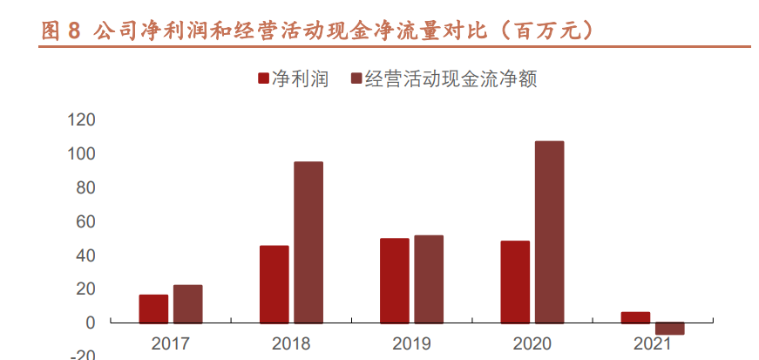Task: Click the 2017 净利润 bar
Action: click(x=153, y=309)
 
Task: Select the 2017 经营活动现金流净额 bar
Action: click(x=187, y=303)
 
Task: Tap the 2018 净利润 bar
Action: click(x=274, y=284)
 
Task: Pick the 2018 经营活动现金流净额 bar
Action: click(x=308, y=242)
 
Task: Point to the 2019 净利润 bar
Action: click(x=395, y=281)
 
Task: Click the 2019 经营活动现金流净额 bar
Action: click(x=429, y=279)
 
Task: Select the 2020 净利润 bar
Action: click(x=515, y=282)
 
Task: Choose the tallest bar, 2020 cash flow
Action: click(x=549, y=232)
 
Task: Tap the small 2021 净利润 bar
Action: click(x=635, y=317)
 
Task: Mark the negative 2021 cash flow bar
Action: click(x=670, y=329)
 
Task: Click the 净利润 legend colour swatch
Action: click(x=263, y=79)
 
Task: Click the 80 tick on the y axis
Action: click(x=85, y=187)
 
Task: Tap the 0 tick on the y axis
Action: click(x=90, y=323)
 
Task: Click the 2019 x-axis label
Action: click(x=411, y=343)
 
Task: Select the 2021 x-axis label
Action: click(x=653, y=343)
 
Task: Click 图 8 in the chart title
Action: click(x=60, y=31)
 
